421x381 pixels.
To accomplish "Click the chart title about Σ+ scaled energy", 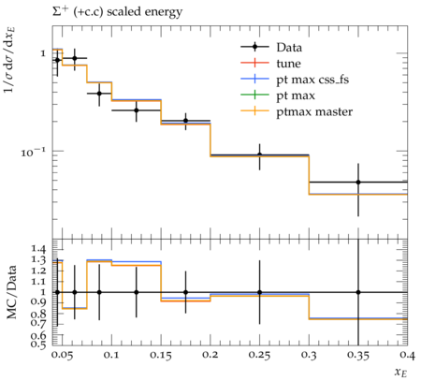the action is [x=117, y=12].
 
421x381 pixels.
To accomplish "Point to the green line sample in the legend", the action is [x=254, y=95].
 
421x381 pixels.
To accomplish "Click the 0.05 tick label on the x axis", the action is [x=62, y=356].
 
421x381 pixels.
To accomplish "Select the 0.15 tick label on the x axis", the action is [x=161, y=356].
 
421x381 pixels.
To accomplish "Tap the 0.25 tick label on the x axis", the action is [x=260, y=356].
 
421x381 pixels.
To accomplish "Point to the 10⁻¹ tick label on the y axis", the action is [x=33, y=152].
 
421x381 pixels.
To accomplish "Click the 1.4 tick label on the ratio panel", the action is [x=37, y=249].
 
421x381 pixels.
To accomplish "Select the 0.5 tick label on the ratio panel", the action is [x=37, y=344].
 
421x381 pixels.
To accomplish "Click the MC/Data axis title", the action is [x=12, y=292].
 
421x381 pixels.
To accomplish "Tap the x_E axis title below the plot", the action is [x=401, y=372].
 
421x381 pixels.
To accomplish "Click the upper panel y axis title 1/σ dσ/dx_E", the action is [x=10, y=60].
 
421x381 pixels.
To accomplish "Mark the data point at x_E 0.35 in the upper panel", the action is [x=358, y=182].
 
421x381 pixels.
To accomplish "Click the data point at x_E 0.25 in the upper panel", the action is [x=260, y=154].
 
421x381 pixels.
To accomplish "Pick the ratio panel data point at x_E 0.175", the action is [x=186, y=292].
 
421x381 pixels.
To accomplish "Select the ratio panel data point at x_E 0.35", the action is [x=358, y=292].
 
